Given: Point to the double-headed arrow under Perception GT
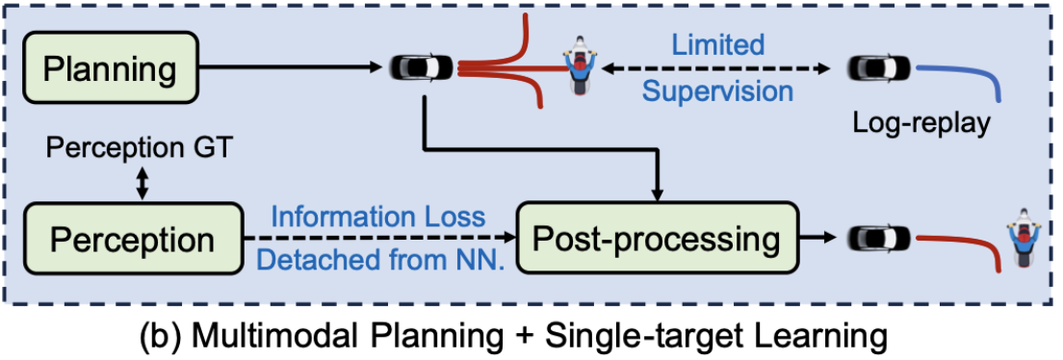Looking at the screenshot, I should tap(143, 183).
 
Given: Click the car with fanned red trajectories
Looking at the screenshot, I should tap(421, 68).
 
